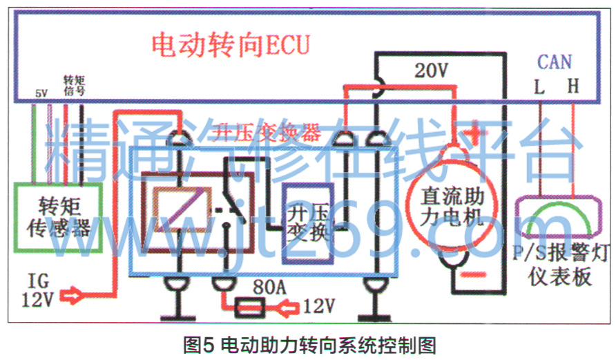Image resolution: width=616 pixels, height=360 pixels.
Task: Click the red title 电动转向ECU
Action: pyautogui.click(x=231, y=46)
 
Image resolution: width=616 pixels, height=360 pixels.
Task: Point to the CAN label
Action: pyautogui.click(x=554, y=63)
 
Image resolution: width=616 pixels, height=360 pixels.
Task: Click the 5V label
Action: pyautogui.click(x=41, y=93)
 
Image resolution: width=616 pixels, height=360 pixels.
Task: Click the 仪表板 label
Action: pyautogui.click(x=559, y=276)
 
